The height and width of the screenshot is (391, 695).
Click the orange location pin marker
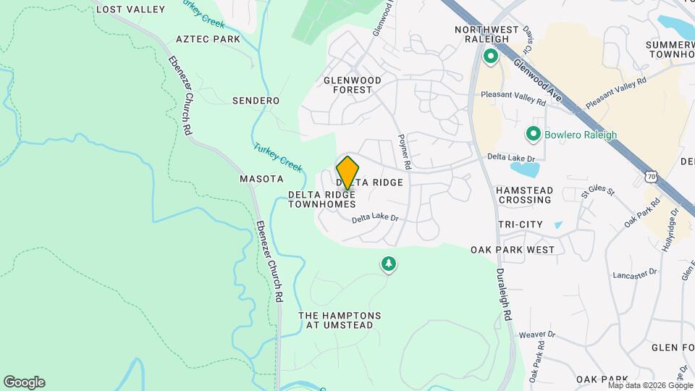(347, 172)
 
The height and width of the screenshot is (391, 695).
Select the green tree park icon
(389, 264)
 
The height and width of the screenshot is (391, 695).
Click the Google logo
(24, 382)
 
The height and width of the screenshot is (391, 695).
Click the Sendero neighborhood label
(256, 101)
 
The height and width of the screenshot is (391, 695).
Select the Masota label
(261, 178)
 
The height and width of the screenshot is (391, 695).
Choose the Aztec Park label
(207, 38)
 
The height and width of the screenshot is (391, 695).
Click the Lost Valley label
(130, 9)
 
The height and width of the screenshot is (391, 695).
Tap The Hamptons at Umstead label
(340, 320)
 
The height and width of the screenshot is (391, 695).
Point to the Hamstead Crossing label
(525, 195)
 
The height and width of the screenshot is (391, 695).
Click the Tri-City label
(520, 225)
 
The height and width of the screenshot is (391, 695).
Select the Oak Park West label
(513, 250)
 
